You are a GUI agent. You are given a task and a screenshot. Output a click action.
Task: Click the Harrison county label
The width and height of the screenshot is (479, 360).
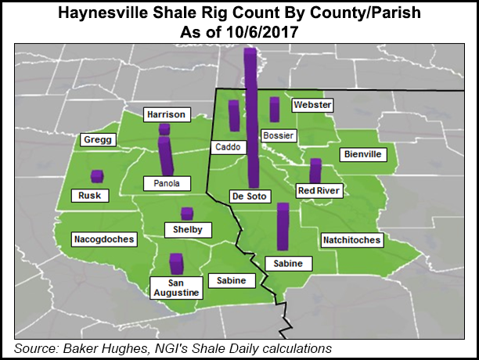point(166,115)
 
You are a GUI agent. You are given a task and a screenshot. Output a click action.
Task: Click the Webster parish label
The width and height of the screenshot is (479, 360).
point(312,105)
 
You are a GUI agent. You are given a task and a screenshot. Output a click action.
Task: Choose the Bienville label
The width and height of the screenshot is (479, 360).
point(362,154)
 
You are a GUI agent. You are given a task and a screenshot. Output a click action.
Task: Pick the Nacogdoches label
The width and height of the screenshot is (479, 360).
point(103,238)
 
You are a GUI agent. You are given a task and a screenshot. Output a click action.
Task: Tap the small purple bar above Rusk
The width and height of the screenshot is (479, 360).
point(97,176)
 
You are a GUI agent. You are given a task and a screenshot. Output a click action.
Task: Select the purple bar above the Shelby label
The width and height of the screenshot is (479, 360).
point(187,214)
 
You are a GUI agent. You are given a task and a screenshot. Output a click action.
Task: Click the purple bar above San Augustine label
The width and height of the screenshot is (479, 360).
point(176,264)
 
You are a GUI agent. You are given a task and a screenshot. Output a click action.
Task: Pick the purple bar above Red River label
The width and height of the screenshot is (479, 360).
point(315,171)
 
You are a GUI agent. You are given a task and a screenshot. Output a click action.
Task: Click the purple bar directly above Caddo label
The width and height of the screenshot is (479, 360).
point(233,116)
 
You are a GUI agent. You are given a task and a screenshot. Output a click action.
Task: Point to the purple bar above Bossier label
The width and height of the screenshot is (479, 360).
point(275,110)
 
